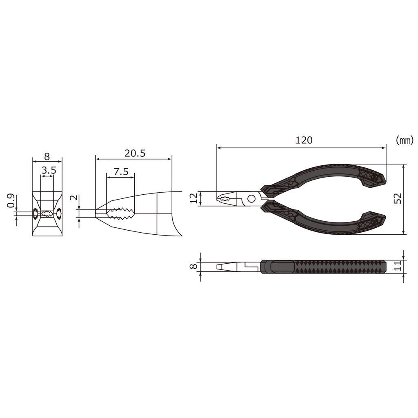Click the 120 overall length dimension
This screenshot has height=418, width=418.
pyautogui.click(x=304, y=140)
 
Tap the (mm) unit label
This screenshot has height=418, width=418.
pyautogui.click(x=404, y=140)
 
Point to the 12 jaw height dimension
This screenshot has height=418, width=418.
pyautogui.click(x=194, y=198)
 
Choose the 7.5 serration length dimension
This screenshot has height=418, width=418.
pyautogui.click(x=121, y=171)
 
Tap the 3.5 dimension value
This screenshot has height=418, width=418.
pyautogui.click(x=48, y=171)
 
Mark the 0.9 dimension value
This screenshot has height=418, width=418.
pyautogui.click(x=12, y=200)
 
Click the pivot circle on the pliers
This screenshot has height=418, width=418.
pyautogui.click(x=251, y=199)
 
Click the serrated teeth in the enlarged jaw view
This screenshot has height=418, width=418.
pyautogui.click(x=120, y=213)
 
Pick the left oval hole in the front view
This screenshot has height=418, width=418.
pyautogui.click(x=36, y=213)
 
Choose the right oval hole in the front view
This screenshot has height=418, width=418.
pyautogui.click(x=59, y=213)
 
